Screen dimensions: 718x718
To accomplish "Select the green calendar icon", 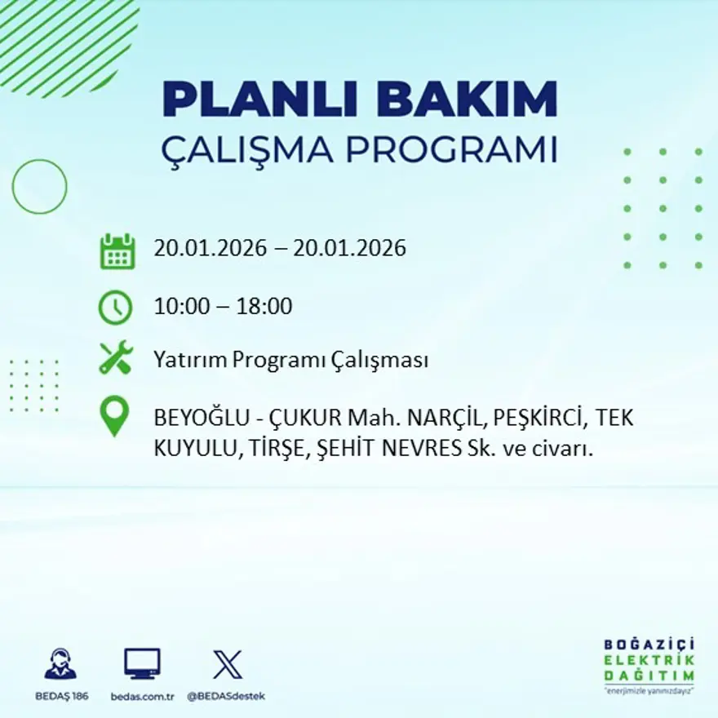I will (117, 250).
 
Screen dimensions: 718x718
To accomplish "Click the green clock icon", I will (115, 308).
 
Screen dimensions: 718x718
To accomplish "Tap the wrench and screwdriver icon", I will (116, 358).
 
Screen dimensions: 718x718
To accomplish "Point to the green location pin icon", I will (114, 415).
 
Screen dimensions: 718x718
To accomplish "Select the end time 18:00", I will (264, 307).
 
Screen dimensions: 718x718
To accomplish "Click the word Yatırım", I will (190, 360).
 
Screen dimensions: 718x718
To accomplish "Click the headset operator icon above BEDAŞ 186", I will (60, 664).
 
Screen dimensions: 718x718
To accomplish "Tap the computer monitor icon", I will (142, 663).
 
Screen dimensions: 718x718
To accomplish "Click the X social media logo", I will (227, 664).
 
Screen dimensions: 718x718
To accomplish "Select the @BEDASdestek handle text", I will (226, 696).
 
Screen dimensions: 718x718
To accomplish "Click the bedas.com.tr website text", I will (143, 696).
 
